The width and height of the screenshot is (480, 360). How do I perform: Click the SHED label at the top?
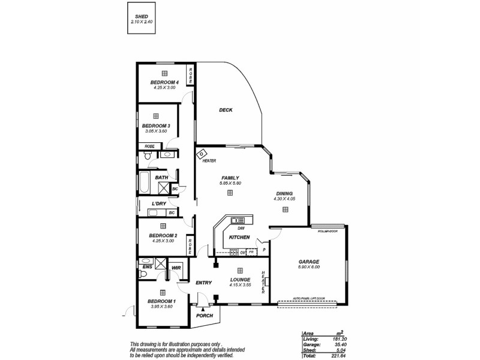point(142,17)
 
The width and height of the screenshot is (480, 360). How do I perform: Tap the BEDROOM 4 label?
point(164,82)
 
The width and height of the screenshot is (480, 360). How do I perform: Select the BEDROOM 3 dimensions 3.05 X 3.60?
point(156,131)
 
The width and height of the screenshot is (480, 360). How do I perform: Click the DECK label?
point(226,110)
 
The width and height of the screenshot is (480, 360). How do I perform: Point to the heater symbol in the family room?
point(202,154)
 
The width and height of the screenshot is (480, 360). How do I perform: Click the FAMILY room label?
point(230,178)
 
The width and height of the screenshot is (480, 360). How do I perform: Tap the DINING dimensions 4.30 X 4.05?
point(284,199)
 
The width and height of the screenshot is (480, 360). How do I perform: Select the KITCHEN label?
point(239,238)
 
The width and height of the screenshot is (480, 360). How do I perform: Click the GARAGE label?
point(309,262)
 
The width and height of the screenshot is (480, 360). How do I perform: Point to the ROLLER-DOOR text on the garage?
point(328,231)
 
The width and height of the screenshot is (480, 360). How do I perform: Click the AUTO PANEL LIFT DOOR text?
point(309,298)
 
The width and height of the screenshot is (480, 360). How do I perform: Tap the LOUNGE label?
point(239,280)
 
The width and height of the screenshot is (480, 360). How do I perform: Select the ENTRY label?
point(203,283)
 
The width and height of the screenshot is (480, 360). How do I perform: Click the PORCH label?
point(205,315)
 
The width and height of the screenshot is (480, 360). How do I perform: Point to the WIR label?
point(176,268)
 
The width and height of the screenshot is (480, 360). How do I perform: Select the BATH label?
point(161,178)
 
